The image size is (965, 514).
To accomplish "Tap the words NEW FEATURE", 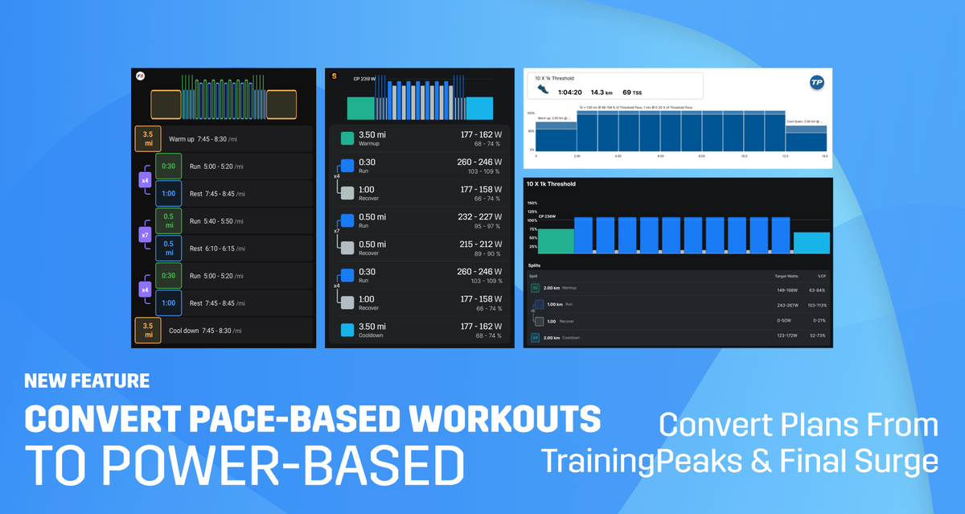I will coord(87,380).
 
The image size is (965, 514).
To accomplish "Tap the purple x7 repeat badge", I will coord(145,235).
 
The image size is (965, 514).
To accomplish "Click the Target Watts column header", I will coord(786,275).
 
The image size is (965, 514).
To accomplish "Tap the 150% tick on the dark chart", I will coord(532,204).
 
